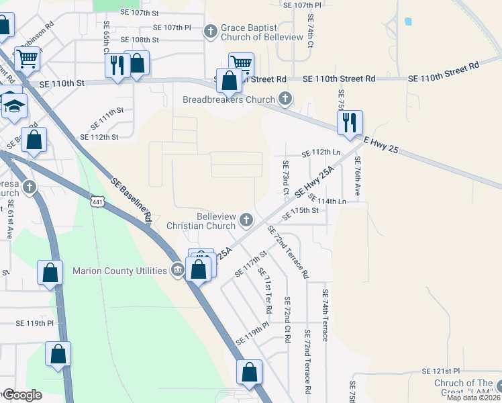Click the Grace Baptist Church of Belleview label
tap(262, 32)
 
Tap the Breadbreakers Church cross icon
tap(285, 99)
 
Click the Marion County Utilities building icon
tap(177, 271)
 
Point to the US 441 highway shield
tap(97, 201)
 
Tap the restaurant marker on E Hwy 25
tap(350, 123)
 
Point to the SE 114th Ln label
tap(327, 201)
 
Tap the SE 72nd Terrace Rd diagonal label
tap(288, 252)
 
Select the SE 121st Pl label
tap(441, 371)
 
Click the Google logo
tap(21, 395)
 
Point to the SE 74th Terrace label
tap(325, 315)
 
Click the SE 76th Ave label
tap(358, 176)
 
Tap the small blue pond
tap(408, 21)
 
